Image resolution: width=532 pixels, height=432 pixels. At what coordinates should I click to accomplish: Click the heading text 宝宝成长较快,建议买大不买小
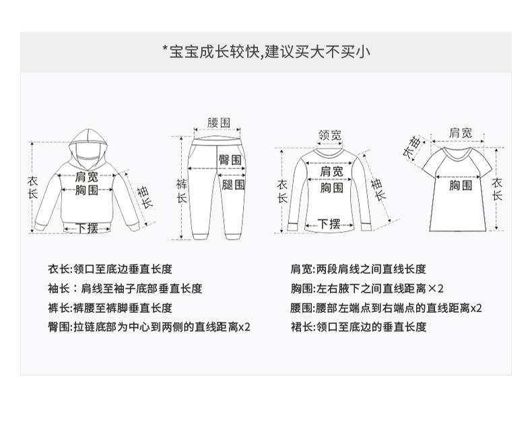point(265,52)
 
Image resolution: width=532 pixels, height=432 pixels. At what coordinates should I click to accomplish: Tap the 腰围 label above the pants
point(219,122)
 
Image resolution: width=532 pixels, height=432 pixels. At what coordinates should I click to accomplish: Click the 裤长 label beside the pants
point(181,190)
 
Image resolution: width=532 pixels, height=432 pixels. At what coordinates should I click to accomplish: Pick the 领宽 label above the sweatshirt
point(329,135)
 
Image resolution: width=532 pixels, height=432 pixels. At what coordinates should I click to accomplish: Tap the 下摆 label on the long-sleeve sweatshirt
point(328,223)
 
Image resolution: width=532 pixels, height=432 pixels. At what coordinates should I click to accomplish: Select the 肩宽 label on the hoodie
point(87,176)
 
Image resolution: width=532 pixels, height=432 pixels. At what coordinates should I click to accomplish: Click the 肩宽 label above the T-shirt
point(461,133)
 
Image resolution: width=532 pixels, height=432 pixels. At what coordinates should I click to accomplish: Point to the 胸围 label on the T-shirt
point(461,184)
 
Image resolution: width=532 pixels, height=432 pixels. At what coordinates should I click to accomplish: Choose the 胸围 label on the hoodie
point(87,191)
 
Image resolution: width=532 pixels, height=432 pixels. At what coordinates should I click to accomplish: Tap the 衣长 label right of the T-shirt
point(497,189)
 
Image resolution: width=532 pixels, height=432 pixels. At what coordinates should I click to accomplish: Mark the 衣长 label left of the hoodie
point(32,187)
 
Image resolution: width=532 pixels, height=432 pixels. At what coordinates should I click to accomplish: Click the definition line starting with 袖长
point(125,289)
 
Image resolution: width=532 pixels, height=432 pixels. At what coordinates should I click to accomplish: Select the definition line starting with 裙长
point(358,327)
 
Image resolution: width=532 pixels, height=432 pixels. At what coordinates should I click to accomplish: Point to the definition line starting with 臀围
point(149,327)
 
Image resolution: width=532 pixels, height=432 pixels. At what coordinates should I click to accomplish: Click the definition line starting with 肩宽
point(358,269)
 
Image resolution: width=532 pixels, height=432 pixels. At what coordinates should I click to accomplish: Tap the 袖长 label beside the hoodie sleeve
point(144,197)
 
